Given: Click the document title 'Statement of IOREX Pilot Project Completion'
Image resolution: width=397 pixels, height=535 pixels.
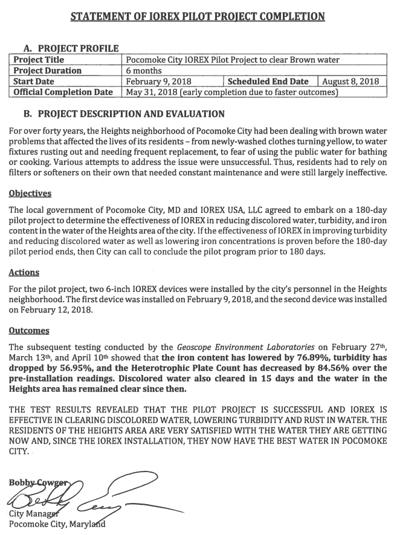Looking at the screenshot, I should coord(198,16).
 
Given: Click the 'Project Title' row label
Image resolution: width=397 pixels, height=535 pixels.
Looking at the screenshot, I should coord(39,60).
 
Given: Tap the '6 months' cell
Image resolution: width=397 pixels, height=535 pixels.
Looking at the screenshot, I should coord(144,70).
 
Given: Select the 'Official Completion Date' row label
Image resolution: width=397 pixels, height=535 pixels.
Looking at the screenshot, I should coord(63,92).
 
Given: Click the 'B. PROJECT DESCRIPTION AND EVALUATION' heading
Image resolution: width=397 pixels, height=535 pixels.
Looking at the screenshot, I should coord(124,114).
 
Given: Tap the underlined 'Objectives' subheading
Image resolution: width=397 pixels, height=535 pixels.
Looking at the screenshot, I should coord(30,193).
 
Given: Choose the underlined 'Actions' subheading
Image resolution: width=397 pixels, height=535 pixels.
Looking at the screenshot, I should coord(24,273).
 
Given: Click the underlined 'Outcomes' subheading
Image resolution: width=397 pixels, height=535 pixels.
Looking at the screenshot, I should coord(28,331).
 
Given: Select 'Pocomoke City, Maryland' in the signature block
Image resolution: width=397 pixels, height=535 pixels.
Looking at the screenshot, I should coord(57,524).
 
